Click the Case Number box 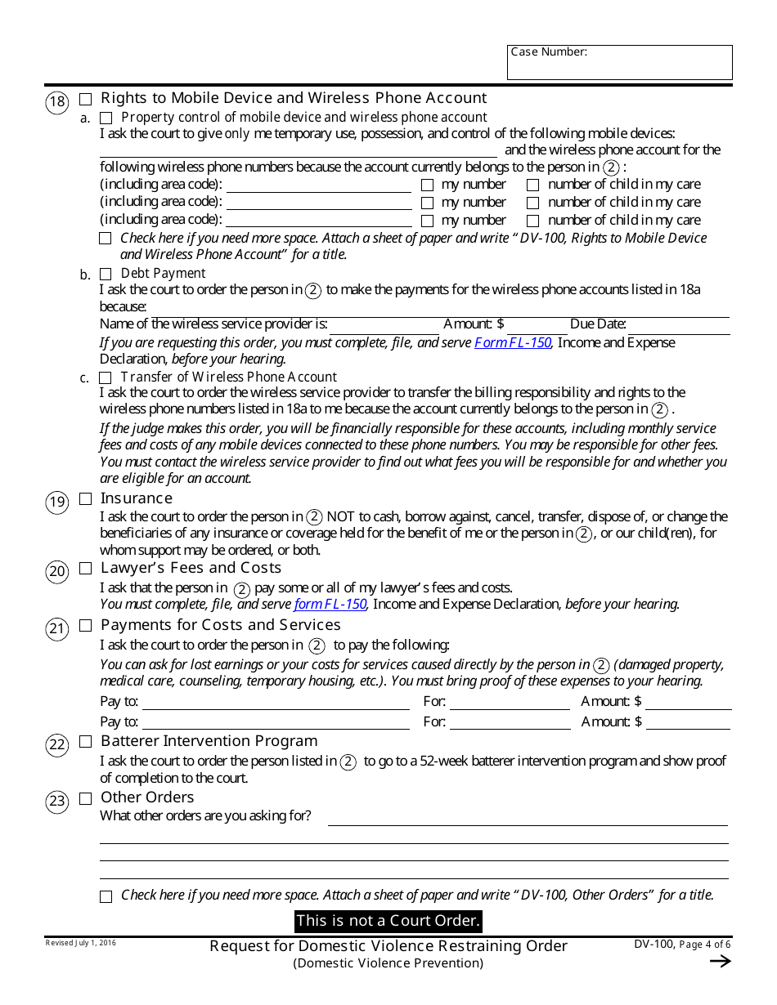point(619,63)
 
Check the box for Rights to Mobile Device point(86,100)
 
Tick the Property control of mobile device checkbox point(106,118)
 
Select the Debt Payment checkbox point(106,274)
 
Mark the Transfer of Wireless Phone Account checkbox point(106,377)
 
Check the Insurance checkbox point(86,499)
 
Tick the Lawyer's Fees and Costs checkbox point(86,569)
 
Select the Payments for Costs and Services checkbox point(86,626)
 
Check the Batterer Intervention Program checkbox point(86,742)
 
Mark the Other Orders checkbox point(86,798)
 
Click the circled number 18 point(56,102)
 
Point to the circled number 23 point(56,802)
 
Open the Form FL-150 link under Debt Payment point(513,343)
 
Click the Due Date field point(678,324)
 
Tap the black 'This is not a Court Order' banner point(388,921)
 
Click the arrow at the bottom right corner point(720,962)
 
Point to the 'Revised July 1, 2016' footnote point(80,943)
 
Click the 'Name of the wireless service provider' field point(382,324)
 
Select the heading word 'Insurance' point(137,498)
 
